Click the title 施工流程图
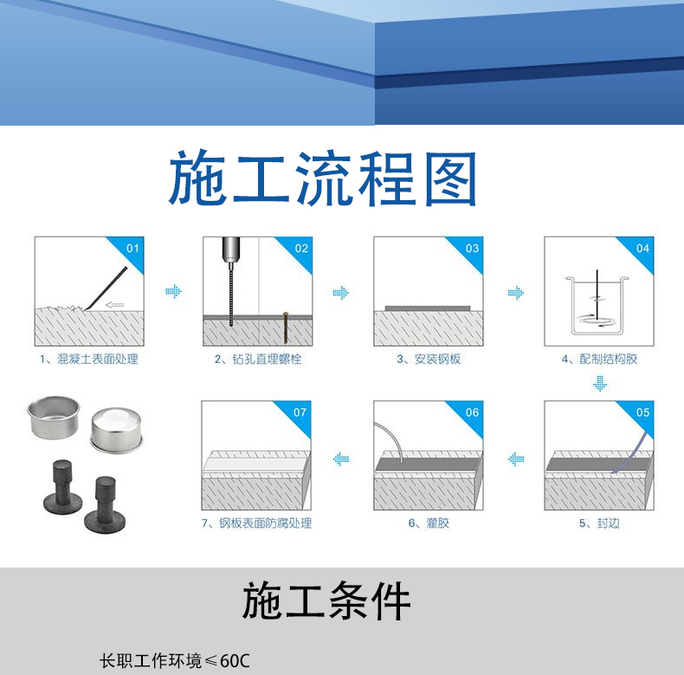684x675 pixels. pos(322,178)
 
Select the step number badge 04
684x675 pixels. pos(642,249)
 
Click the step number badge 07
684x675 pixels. pos(300,412)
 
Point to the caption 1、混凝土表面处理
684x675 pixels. pos(89,360)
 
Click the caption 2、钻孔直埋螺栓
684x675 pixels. pos(258,360)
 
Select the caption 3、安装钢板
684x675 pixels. pos(429,360)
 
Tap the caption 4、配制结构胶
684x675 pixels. pos(599,360)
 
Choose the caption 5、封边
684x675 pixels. pos(599,523)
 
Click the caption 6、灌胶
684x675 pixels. pos(429,523)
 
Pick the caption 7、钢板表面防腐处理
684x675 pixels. pos(256,523)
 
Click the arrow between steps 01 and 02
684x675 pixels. pos(173,292)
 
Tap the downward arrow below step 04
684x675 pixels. pos(600,383)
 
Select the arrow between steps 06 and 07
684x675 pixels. pos(340,459)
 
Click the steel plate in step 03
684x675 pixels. pos(428,308)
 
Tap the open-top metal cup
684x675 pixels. pos(53,417)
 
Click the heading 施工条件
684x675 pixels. pos(326,601)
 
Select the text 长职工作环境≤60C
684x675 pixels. pos(175,660)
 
